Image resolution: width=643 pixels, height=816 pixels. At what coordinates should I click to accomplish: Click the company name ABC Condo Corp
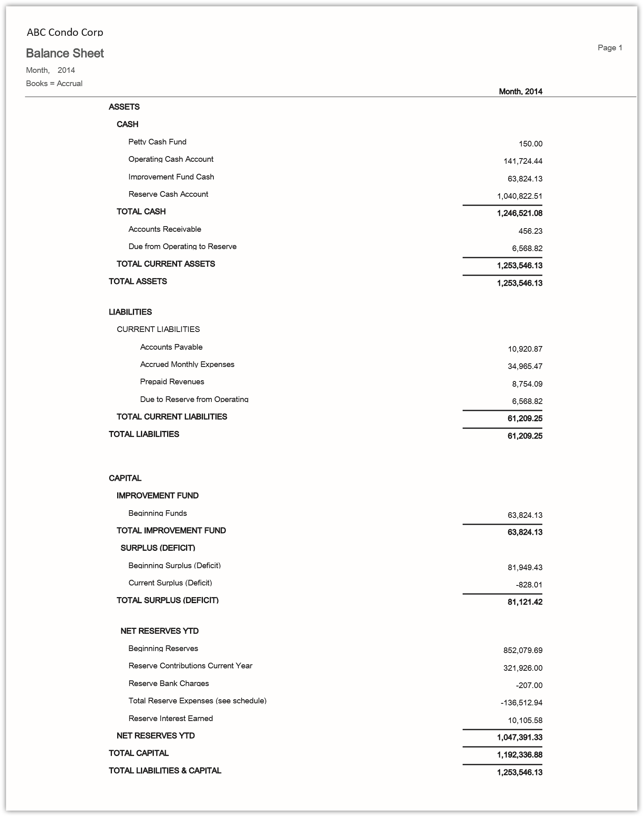(x=65, y=32)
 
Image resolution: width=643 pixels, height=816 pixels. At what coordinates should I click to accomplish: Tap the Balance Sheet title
(x=65, y=53)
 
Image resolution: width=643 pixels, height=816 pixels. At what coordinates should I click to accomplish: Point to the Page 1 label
(x=610, y=48)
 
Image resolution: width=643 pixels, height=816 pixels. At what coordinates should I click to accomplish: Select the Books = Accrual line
(x=54, y=83)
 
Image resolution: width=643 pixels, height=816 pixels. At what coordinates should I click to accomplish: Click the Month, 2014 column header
(x=520, y=91)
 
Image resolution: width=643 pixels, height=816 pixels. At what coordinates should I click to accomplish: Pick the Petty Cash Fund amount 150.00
(x=530, y=144)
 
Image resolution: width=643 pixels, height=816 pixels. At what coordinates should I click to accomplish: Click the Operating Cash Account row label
(x=171, y=159)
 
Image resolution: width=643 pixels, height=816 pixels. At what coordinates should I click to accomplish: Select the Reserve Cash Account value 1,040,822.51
(x=519, y=196)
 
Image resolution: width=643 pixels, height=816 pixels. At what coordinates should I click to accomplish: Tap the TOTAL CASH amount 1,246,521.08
(x=519, y=213)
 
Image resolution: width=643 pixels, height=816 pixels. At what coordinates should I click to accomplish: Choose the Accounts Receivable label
(x=165, y=229)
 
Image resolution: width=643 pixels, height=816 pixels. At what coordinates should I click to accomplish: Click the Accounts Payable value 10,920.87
(x=525, y=349)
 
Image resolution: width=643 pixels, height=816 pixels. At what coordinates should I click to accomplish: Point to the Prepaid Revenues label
(x=172, y=381)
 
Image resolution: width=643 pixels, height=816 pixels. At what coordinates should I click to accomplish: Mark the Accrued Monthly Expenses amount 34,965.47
(x=525, y=366)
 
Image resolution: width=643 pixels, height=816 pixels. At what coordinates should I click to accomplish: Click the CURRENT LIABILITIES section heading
(x=158, y=329)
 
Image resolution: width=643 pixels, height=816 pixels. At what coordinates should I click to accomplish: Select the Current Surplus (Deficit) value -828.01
(x=529, y=585)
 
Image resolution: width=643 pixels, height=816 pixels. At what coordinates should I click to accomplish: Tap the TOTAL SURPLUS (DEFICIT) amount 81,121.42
(x=525, y=602)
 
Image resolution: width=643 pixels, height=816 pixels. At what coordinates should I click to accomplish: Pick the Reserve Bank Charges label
(x=169, y=683)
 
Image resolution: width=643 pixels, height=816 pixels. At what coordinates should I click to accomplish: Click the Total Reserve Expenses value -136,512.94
(x=521, y=703)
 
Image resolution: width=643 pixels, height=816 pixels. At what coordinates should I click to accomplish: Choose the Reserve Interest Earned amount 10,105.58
(x=525, y=720)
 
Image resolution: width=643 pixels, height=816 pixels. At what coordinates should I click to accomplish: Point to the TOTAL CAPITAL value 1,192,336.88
(x=519, y=755)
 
